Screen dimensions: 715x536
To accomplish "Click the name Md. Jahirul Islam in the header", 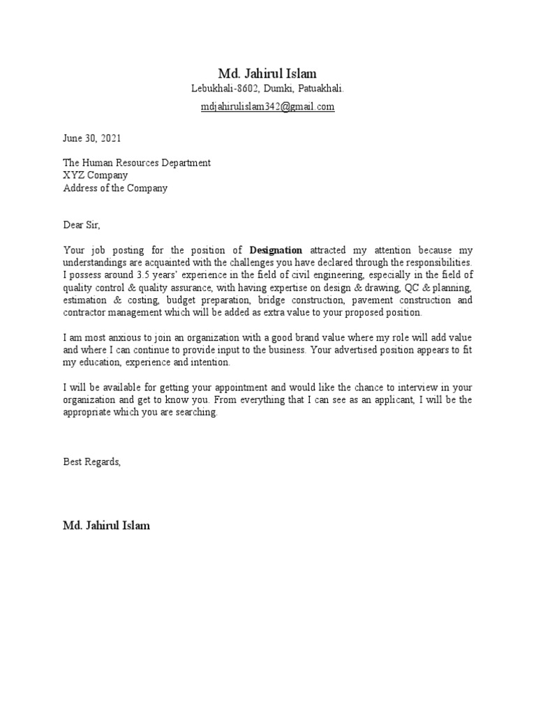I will [267, 73].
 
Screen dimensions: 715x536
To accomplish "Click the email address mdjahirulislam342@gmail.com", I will [267, 107].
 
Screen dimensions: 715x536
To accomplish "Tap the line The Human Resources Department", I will [137, 163].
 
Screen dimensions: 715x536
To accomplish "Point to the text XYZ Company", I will [96, 175].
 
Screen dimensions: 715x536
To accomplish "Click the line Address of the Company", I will [115, 188].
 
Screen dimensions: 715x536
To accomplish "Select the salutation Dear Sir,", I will [82, 225].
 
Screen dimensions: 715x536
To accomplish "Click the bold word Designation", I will [276, 250].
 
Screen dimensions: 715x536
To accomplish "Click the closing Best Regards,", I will [91, 462].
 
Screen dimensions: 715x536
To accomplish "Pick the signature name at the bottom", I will [106, 525].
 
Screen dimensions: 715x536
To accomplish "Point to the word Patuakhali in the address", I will [322, 89].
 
